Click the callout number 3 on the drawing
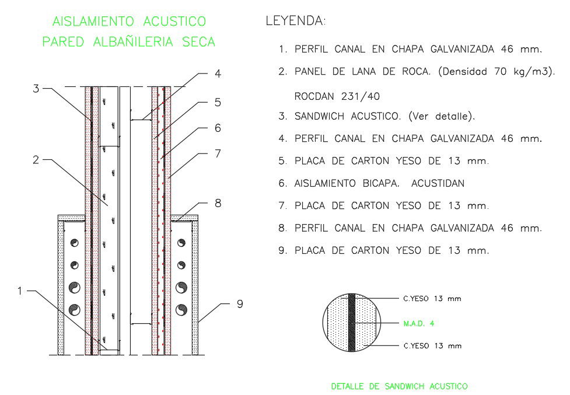pyautogui.click(x=36, y=89)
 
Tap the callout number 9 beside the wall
pyautogui.click(x=239, y=304)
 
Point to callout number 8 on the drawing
pyautogui.click(x=218, y=204)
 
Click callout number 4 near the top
pyautogui.click(x=218, y=74)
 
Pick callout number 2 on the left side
pyautogui.click(x=36, y=159)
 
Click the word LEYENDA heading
pyautogui.click(x=295, y=22)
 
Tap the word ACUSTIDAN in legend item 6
pyautogui.click(x=438, y=183)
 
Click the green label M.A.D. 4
pyautogui.click(x=419, y=323)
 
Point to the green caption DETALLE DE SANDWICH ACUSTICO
pyautogui.click(x=399, y=386)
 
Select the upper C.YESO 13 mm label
pyautogui.click(x=432, y=299)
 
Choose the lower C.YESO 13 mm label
pyautogui.click(x=432, y=346)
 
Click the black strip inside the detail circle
pyautogui.click(x=352, y=323)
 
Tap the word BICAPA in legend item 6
pyautogui.click(x=380, y=183)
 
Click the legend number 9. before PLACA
pyautogui.click(x=282, y=250)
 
